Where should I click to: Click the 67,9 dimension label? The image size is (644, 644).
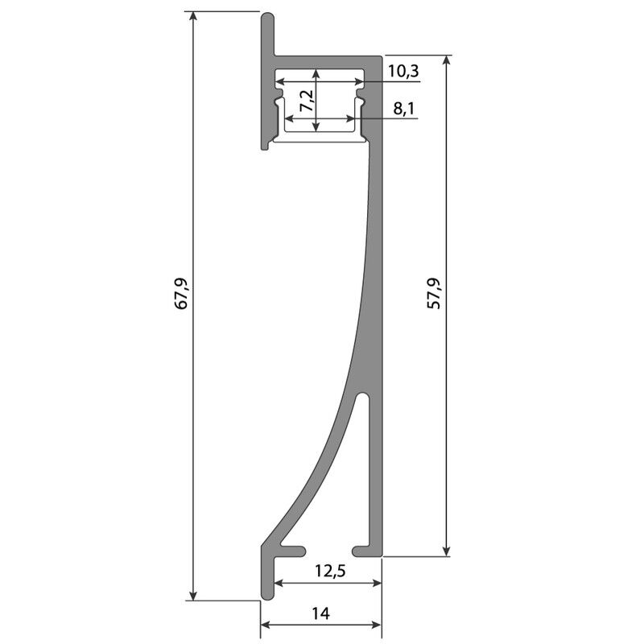[x=181, y=293]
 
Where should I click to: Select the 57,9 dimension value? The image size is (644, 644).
[x=434, y=293]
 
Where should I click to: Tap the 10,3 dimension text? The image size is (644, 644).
[x=403, y=71]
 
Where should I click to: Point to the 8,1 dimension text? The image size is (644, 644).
[x=404, y=109]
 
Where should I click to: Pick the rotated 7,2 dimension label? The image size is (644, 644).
[x=308, y=101]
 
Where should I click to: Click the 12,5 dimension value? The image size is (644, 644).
[x=331, y=571]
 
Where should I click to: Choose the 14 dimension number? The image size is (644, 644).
[x=320, y=613]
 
